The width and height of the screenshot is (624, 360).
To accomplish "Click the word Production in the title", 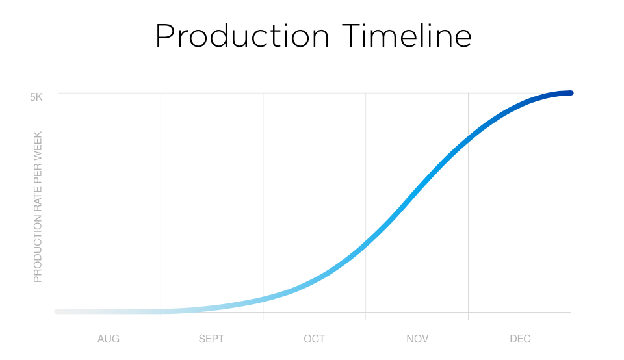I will (242, 36).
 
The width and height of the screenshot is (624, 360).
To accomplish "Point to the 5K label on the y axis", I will (36, 97).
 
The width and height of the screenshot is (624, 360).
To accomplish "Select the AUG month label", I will (109, 339).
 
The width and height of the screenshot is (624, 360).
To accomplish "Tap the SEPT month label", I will (211, 339).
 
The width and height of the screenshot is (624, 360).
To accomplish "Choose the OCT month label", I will (314, 339).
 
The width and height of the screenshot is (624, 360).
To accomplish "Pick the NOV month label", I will (417, 339).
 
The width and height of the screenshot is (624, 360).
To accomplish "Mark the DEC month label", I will (520, 339).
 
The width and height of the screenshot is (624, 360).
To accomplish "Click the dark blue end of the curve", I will (570, 93).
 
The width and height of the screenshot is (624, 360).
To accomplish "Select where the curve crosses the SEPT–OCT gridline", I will (263, 299).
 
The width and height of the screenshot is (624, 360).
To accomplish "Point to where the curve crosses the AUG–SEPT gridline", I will (161, 311).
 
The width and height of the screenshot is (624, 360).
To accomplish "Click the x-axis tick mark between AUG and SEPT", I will (161, 316).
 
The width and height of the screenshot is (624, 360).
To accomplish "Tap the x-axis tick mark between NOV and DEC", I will (468, 316).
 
